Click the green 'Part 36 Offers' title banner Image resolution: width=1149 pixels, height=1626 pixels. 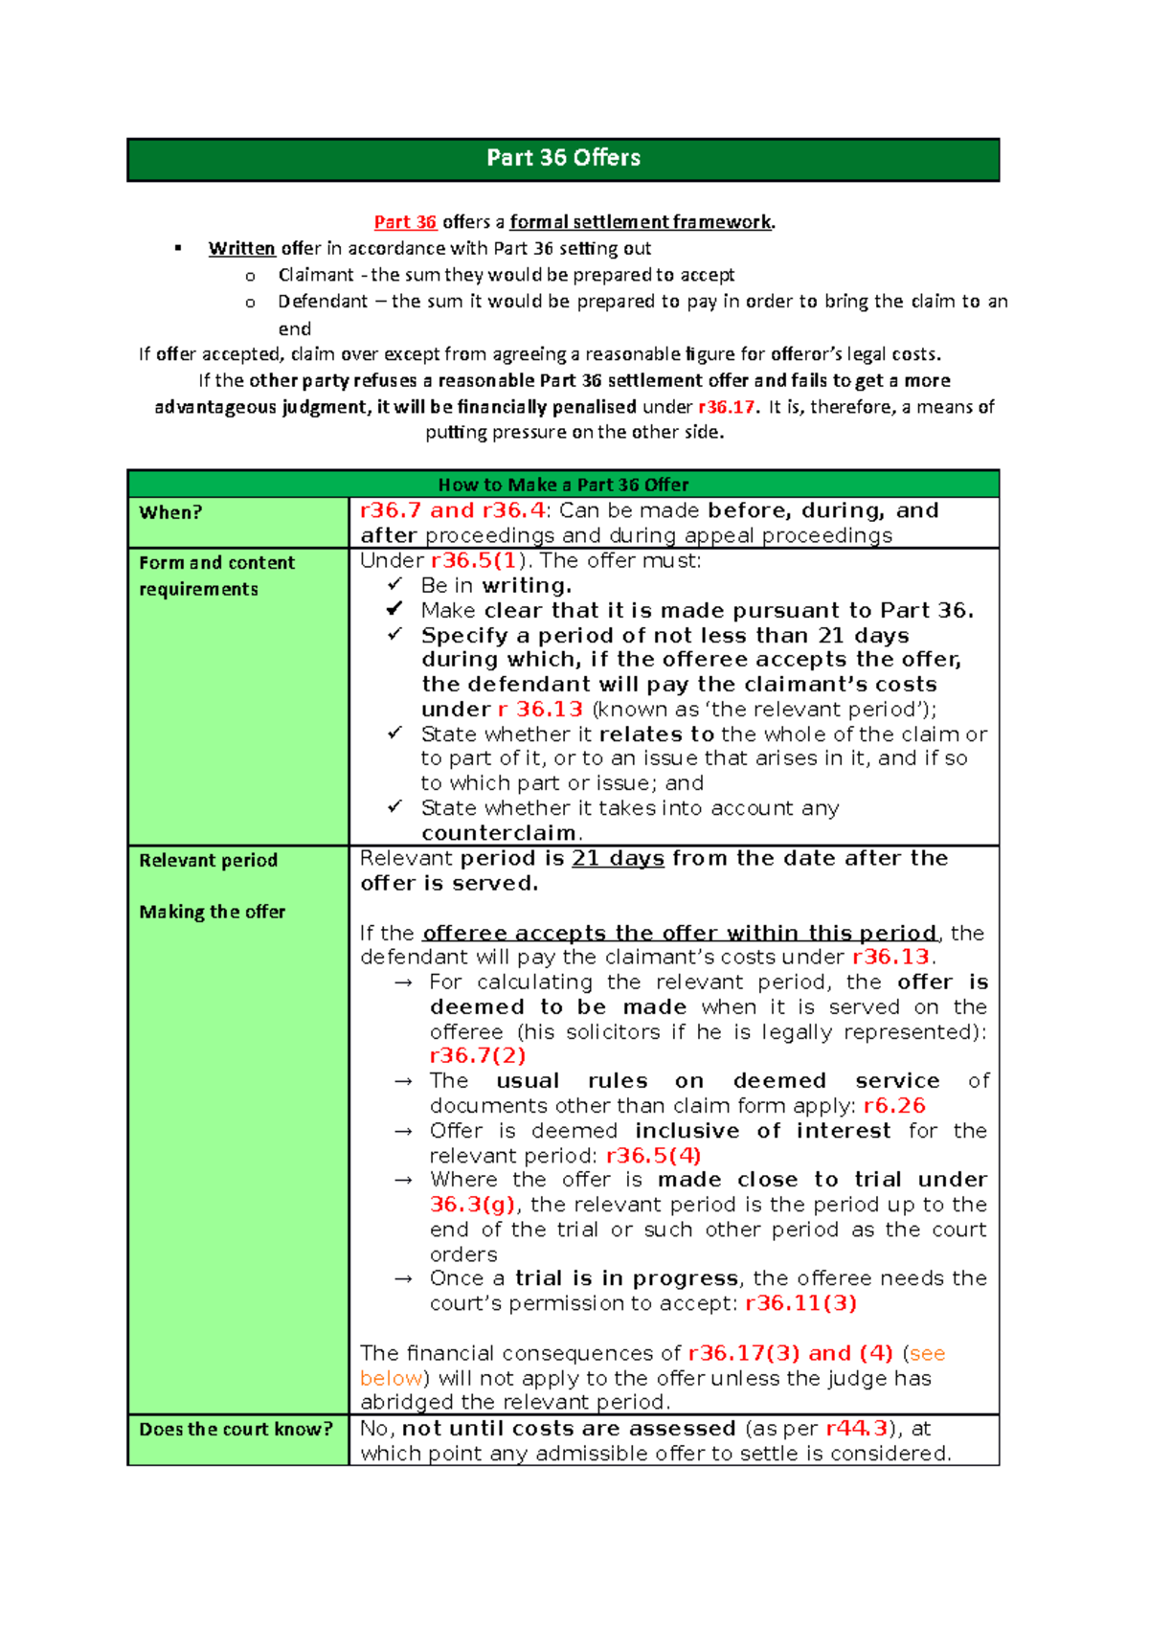[563, 159]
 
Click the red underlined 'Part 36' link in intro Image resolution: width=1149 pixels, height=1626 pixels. [405, 222]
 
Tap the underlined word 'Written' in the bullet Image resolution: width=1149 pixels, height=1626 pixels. [242, 249]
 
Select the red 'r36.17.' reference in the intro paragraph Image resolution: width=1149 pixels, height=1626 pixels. [729, 407]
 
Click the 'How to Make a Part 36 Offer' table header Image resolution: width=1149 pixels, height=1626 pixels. [563, 485]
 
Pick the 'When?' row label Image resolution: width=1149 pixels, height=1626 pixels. [170, 512]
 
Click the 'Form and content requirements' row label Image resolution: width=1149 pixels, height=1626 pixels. [216, 576]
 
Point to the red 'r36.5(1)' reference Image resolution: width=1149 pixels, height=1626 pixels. [475, 561]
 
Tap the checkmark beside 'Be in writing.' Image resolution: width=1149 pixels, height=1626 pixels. [394, 584]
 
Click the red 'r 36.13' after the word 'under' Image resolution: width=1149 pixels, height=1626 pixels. [540, 710]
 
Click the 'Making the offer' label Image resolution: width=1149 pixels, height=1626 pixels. [212, 912]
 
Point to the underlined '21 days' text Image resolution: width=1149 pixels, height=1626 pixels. [618, 859]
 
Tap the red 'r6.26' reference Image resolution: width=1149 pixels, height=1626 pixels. [894, 1106]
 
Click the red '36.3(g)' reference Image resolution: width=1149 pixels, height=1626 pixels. [473, 1205]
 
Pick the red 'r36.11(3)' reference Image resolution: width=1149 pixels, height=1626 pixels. [800, 1303]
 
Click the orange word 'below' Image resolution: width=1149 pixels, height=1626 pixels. [391, 1378]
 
